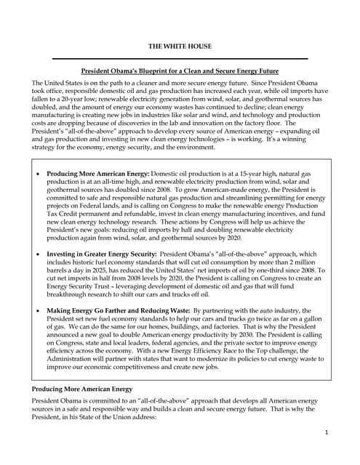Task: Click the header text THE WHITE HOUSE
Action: tap(180, 45)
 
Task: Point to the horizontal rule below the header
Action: tap(180, 58)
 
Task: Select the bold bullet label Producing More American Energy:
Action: tap(97, 174)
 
